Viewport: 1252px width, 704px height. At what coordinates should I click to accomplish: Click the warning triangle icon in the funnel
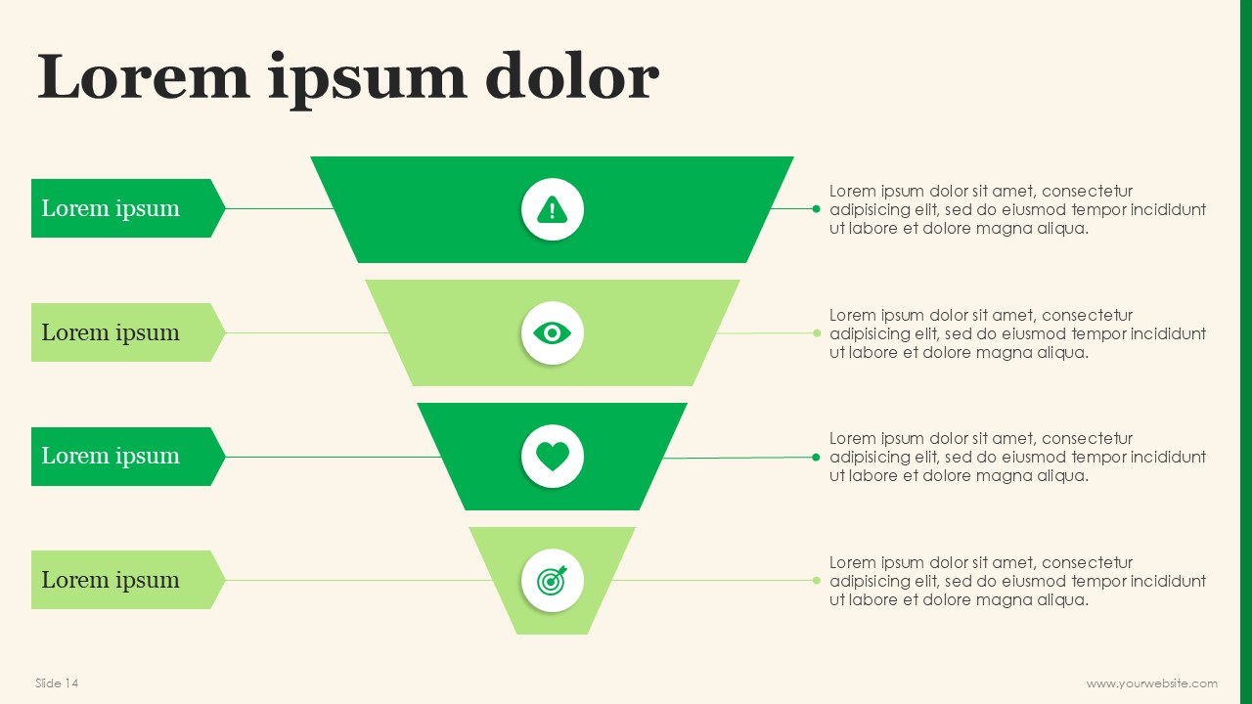(x=553, y=209)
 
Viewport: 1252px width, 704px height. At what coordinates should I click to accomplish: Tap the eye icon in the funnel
(x=553, y=333)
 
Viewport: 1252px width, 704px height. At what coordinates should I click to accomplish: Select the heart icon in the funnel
(x=553, y=457)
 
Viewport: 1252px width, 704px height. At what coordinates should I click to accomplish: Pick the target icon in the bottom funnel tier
(x=553, y=581)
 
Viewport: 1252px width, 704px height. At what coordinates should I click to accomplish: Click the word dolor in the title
(x=572, y=75)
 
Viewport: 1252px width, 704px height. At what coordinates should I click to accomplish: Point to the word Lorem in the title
(x=143, y=75)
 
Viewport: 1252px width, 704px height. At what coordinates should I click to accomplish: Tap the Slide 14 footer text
(x=57, y=682)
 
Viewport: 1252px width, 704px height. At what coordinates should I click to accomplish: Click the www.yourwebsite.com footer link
(x=1152, y=683)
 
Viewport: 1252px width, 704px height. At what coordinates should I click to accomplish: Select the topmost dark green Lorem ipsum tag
(x=128, y=208)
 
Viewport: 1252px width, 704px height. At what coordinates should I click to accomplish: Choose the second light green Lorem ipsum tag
(x=128, y=332)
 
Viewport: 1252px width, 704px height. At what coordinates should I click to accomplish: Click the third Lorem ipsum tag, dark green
(x=128, y=457)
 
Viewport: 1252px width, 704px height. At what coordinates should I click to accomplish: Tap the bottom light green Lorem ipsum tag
(x=128, y=580)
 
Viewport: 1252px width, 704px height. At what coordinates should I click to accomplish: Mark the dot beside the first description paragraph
(x=816, y=209)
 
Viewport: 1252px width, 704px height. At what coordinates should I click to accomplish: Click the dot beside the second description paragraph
(x=817, y=333)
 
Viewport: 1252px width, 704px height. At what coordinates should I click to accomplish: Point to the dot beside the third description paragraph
(x=816, y=458)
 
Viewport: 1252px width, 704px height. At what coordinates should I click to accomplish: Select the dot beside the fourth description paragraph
(x=817, y=581)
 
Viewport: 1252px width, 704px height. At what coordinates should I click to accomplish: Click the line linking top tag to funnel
(x=280, y=208)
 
